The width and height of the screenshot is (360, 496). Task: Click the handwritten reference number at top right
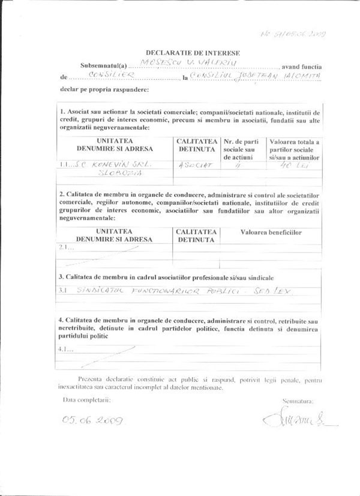point(295,34)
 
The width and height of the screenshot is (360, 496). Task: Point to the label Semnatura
point(297,401)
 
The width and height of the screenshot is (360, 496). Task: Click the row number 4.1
point(66,349)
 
